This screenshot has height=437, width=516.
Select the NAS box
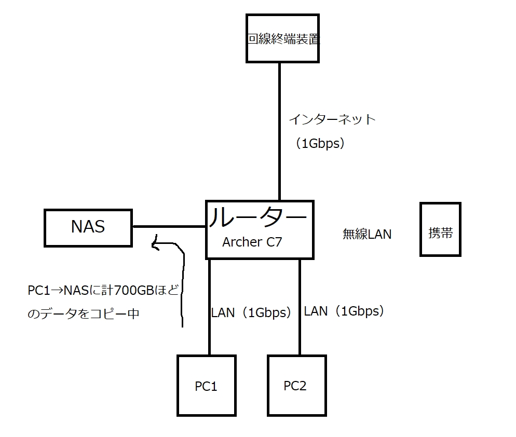click(x=88, y=227)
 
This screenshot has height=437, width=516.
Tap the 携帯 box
click(x=440, y=229)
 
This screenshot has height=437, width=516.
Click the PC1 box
click(x=206, y=386)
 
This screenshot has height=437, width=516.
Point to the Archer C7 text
click(x=252, y=242)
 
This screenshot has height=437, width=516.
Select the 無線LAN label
click(x=367, y=235)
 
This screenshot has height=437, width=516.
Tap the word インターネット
click(x=332, y=119)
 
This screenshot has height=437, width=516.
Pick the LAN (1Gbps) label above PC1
click(x=251, y=313)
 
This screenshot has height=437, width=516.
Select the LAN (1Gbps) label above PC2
click(x=344, y=311)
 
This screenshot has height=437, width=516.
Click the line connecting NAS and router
click(x=169, y=227)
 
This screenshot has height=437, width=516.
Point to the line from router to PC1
click(x=210, y=332)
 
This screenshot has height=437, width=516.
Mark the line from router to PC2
click(x=300, y=332)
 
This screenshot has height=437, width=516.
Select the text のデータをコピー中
click(x=83, y=314)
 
